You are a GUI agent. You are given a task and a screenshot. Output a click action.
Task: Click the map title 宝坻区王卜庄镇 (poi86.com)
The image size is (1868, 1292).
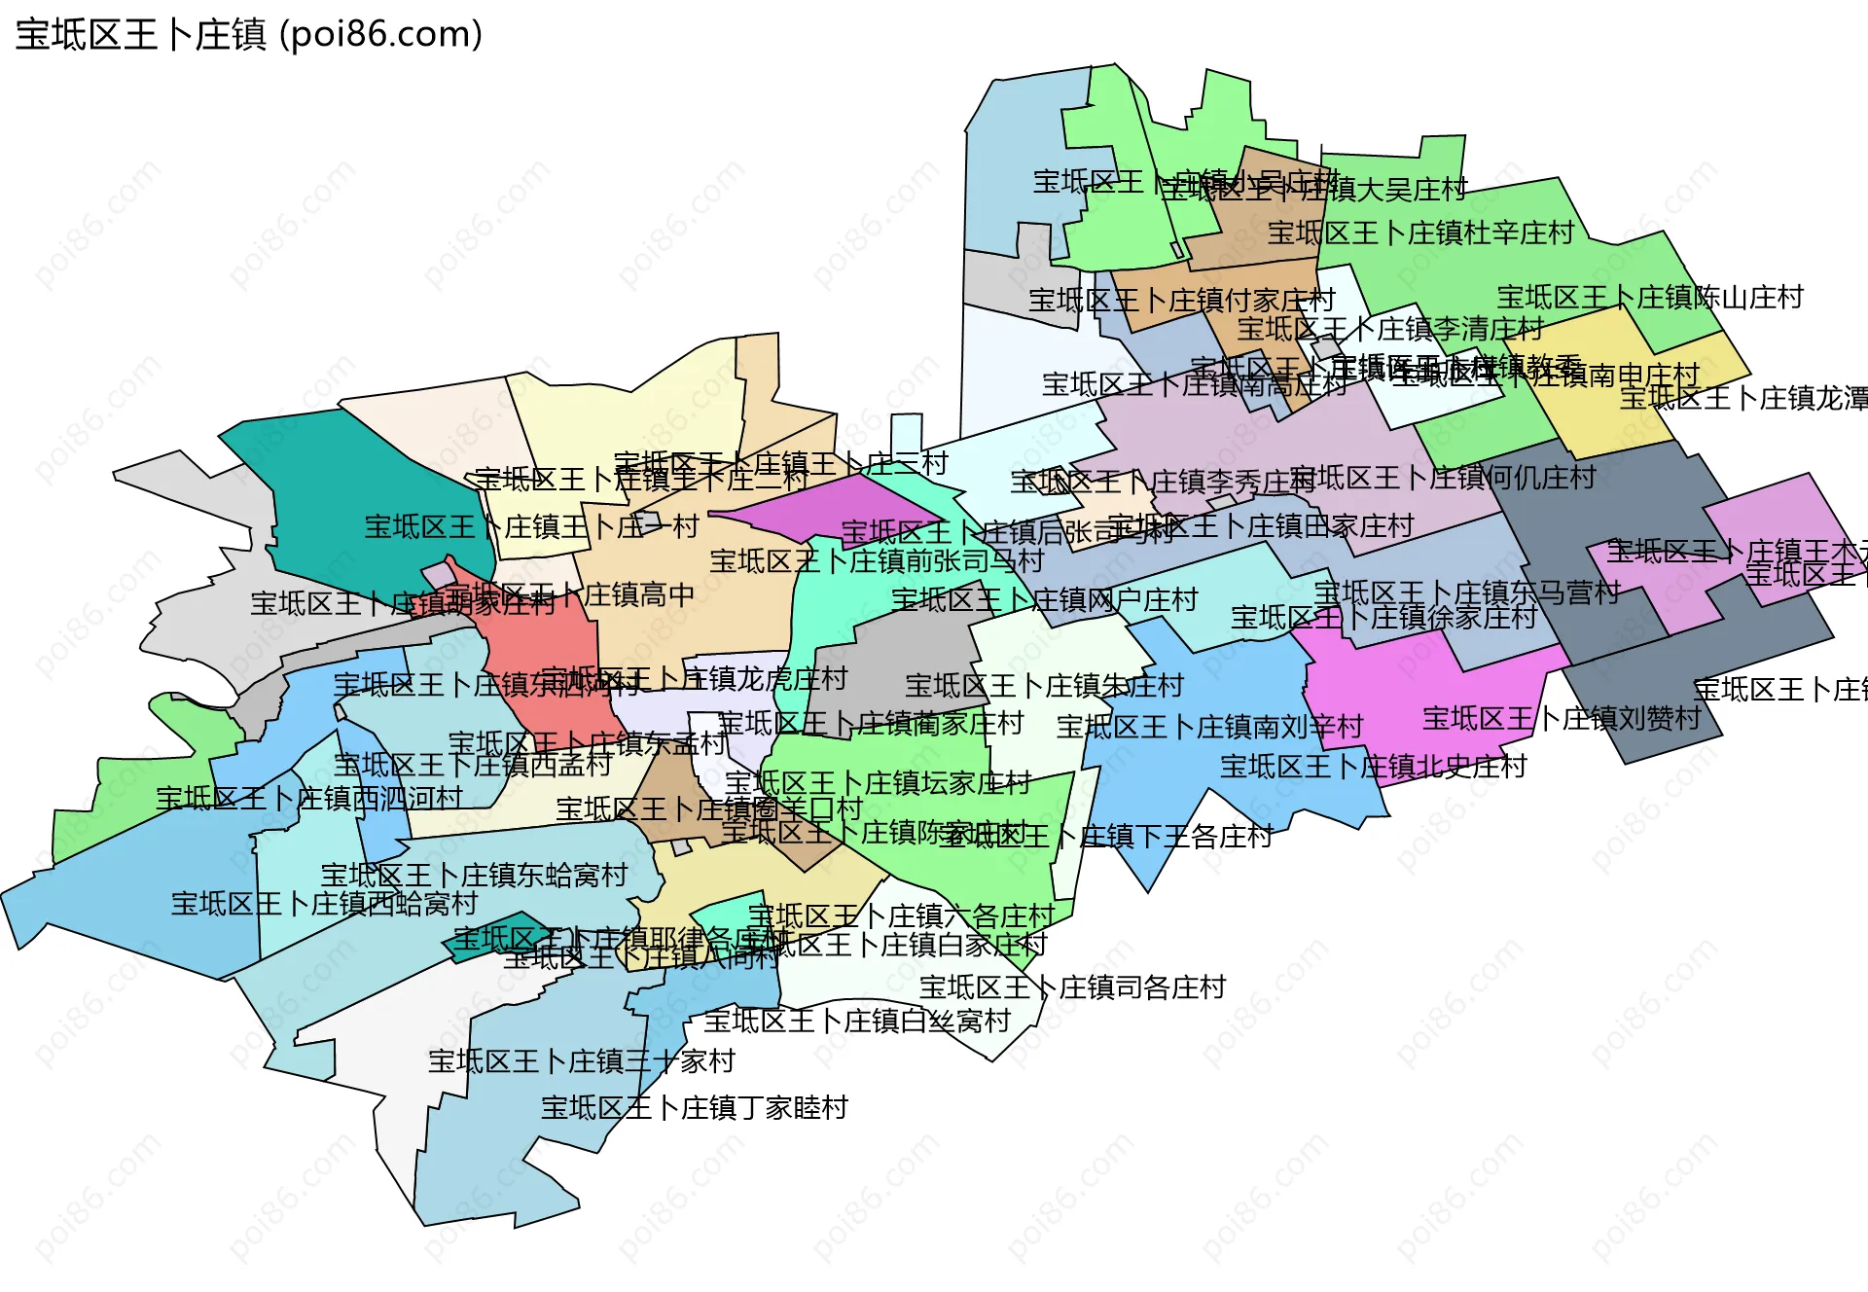coord(249,35)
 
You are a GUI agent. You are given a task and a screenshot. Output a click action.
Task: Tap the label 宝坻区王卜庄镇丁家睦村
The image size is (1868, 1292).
coord(694,1107)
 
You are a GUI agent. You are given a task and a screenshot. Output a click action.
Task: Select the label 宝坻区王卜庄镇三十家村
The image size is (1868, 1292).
coord(581,1060)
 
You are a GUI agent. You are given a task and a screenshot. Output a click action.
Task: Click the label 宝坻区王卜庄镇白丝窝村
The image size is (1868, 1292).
coord(857,1021)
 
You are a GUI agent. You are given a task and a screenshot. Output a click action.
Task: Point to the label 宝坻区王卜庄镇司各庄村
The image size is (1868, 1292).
coord(1072,987)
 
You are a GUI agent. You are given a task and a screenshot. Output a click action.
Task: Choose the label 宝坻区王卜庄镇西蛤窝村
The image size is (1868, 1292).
coord(324,904)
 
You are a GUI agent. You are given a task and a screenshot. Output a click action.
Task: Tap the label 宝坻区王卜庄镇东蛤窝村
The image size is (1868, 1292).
coord(474,875)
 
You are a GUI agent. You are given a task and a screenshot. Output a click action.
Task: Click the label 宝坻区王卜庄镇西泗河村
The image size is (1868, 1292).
coord(308,798)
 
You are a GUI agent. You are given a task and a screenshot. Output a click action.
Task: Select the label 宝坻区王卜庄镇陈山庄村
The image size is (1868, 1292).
coord(1650,297)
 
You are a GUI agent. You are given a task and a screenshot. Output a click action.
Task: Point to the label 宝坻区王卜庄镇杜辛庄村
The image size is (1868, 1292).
coord(1420,233)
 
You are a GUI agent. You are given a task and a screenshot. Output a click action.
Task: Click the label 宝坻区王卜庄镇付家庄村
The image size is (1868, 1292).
coord(1181,300)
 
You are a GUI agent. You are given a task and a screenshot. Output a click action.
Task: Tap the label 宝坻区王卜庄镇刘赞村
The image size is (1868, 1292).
coord(1562,718)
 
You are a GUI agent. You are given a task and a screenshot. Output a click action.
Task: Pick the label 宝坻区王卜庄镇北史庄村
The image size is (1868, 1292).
coord(1373,767)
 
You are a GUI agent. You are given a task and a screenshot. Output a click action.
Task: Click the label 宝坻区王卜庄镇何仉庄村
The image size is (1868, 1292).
coord(1444,477)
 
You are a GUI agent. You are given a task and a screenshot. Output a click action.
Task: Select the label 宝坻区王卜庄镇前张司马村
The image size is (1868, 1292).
coord(876,560)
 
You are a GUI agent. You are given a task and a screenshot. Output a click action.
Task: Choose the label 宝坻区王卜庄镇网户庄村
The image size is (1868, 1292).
coord(1044,599)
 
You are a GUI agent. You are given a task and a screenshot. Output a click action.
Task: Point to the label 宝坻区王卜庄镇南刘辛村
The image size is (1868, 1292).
coord(1209,726)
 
